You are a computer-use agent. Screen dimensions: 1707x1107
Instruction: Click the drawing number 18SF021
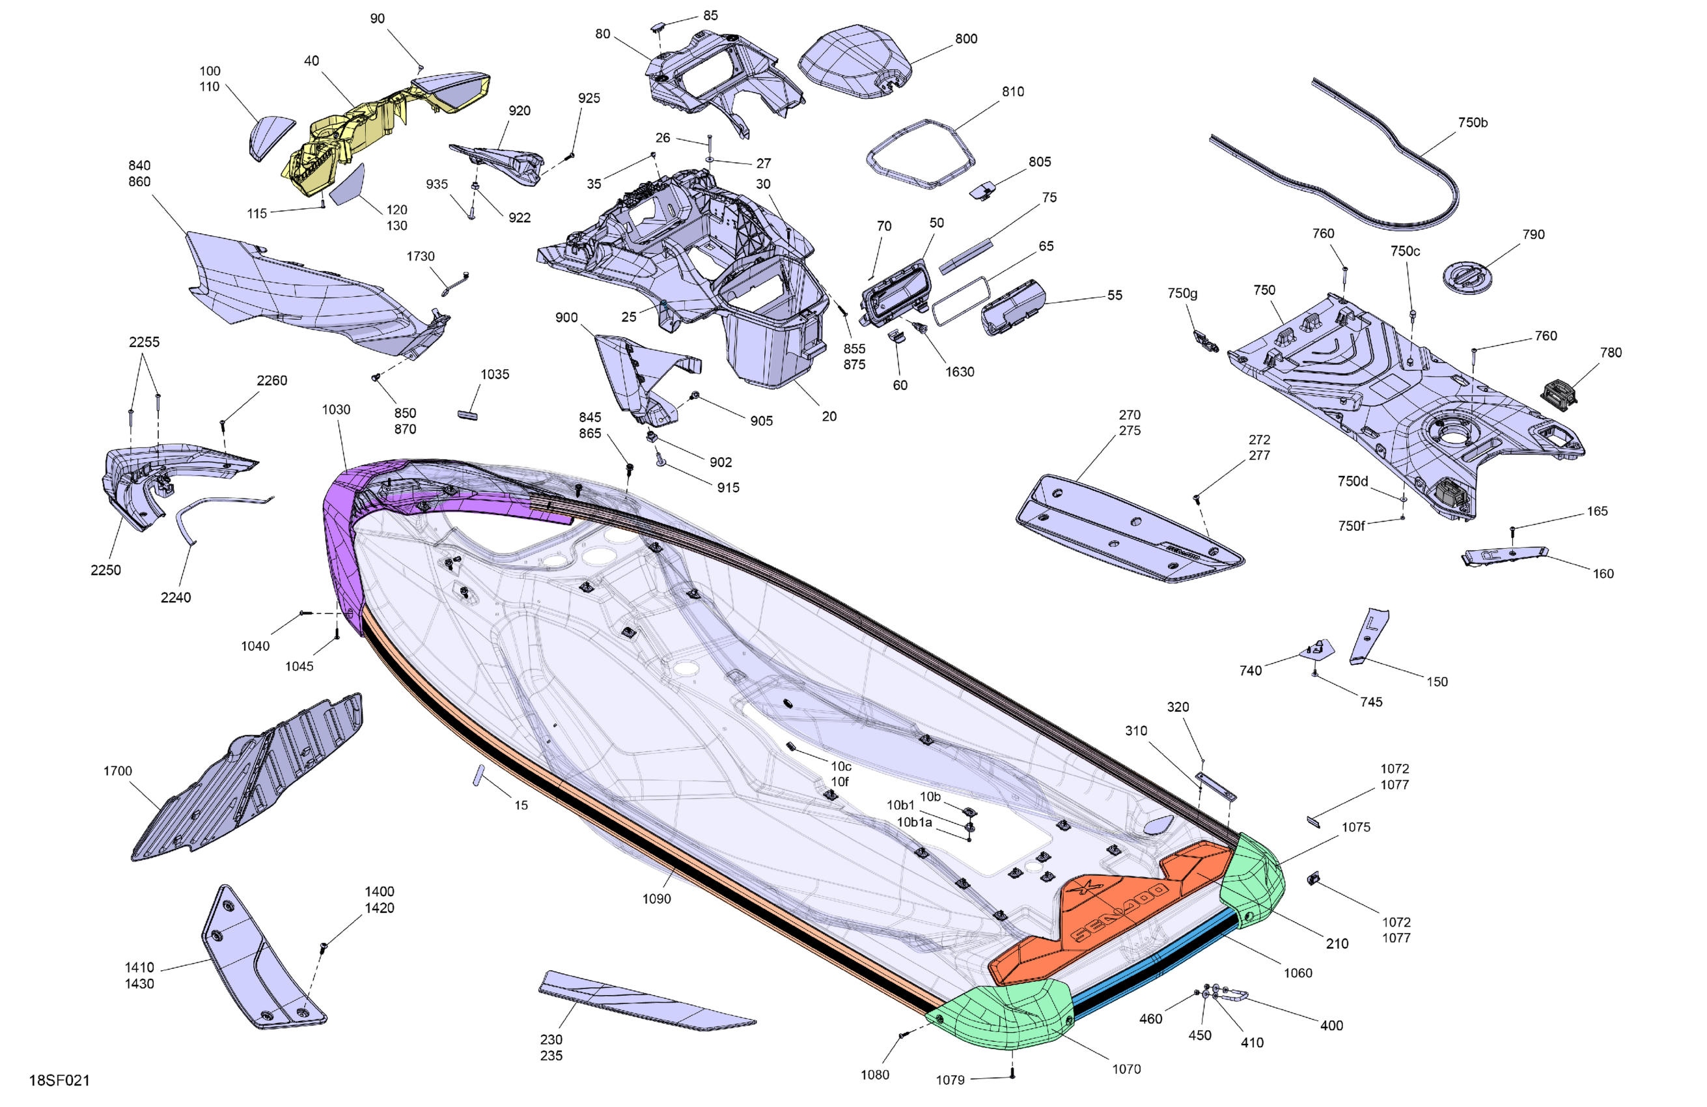59,1080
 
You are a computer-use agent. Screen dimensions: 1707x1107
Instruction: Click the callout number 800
966,38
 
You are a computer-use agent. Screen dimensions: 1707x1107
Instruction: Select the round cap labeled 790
1467,276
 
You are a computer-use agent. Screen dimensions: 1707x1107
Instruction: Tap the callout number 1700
118,770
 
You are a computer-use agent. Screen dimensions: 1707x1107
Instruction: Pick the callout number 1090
656,899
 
